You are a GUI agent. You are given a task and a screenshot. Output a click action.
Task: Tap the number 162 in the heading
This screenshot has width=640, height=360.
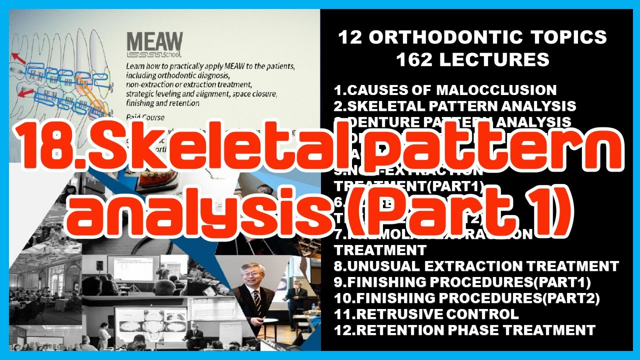coord(417,60)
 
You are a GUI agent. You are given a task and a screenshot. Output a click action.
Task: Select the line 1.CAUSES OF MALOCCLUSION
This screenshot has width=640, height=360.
coord(445,90)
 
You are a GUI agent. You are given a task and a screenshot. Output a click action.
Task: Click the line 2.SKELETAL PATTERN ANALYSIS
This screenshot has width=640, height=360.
coord(454,106)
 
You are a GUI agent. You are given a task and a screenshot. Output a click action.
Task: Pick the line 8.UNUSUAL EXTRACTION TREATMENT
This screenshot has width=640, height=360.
coord(476,266)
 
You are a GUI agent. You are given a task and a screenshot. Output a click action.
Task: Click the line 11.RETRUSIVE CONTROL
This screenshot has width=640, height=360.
coord(426,314)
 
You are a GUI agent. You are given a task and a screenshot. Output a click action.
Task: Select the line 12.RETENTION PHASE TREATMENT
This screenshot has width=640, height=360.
coord(464,330)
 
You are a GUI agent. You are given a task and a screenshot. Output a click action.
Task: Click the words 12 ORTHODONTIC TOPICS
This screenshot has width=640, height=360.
coord(472,37)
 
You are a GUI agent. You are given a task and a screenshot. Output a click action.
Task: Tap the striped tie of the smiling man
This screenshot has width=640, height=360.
coord(256,300)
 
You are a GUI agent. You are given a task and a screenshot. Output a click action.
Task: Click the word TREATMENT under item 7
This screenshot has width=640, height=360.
coord(380,249)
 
